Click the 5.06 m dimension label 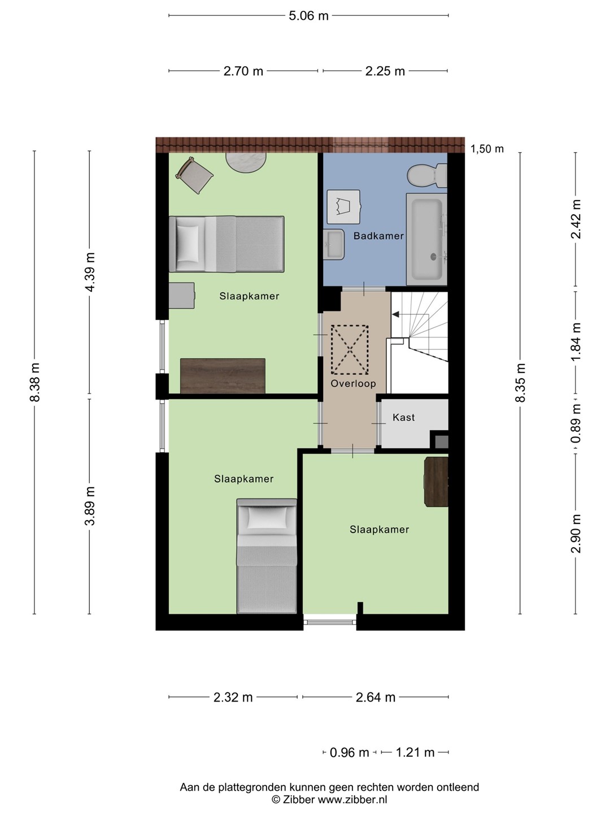(308, 16)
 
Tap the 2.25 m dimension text (385, 71)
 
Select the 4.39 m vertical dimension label (90, 272)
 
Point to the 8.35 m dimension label (520, 383)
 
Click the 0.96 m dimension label (349, 753)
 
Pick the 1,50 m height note (487, 149)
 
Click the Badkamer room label (378, 236)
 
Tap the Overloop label (353, 383)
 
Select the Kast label (403, 417)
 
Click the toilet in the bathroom (428, 175)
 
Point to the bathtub (426, 239)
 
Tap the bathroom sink (334, 244)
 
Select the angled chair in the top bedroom (194, 175)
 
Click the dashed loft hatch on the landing (350, 350)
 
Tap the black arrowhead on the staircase (395, 314)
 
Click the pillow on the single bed (267, 518)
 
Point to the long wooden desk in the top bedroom (223, 376)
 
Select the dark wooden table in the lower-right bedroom (436, 482)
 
